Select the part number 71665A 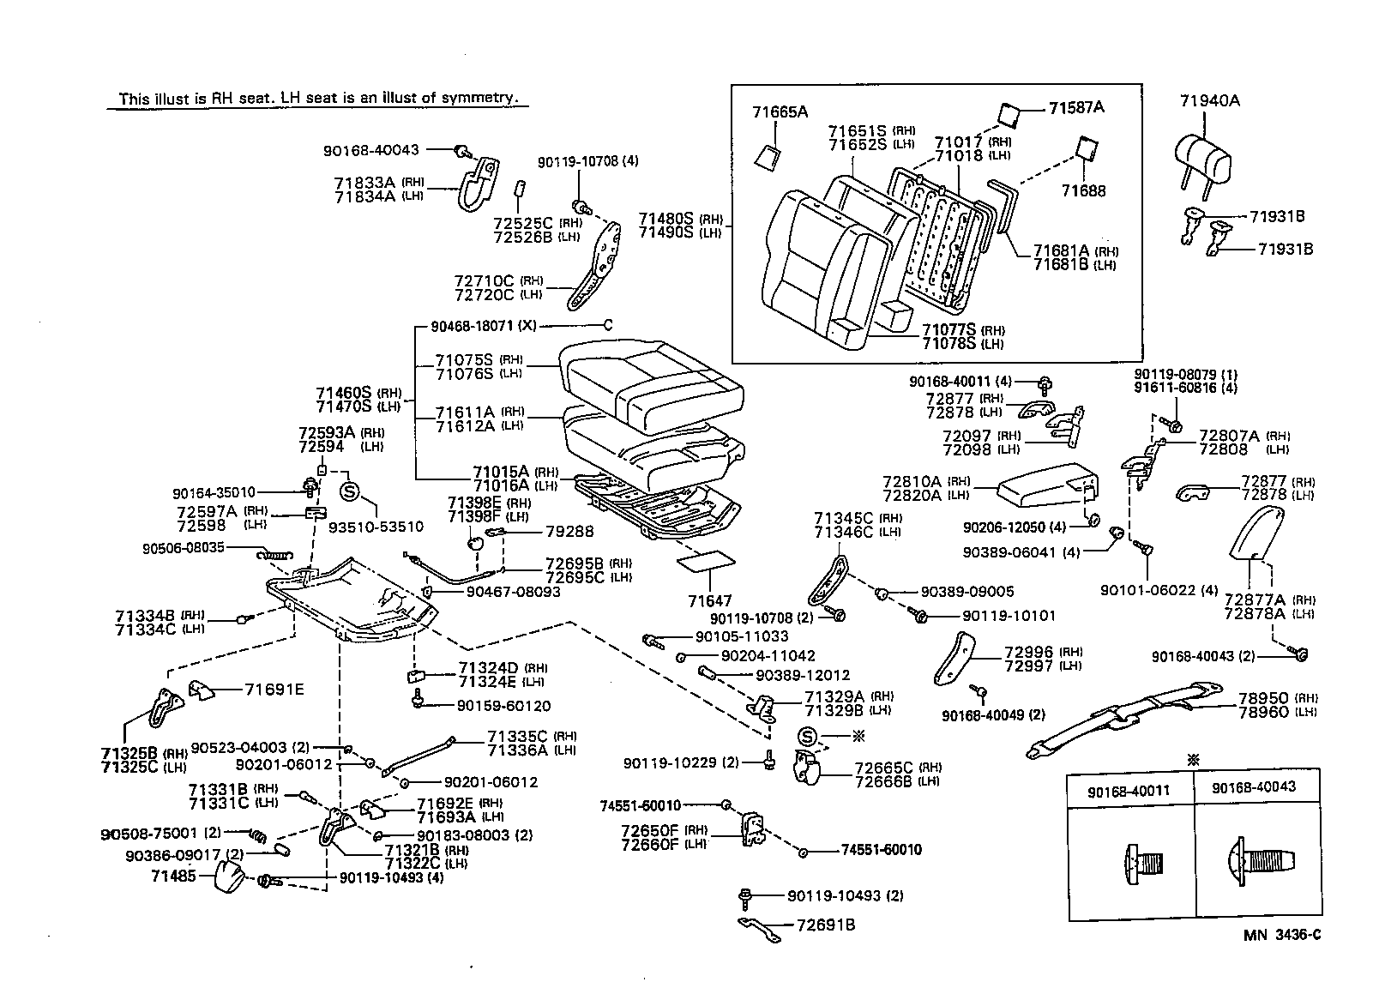[780, 111]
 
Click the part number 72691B [826, 925]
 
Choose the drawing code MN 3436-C [1282, 934]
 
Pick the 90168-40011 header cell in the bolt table [1130, 787]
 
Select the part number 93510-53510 [376, 526]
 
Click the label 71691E [274, 689]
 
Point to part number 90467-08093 [513, 592]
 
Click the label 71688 [1083, 190]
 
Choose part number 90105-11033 [741, 636]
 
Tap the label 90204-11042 [768, 655]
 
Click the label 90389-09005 [967, 592]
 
